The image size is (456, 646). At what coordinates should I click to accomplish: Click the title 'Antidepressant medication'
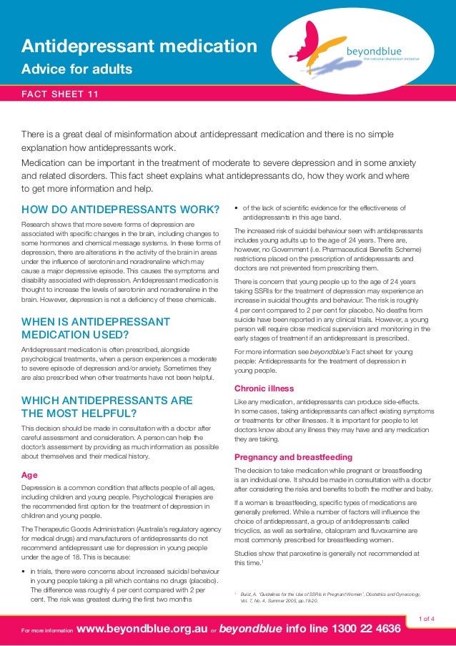click(139, 47)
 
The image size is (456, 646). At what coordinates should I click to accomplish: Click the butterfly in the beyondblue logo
click(319, 44)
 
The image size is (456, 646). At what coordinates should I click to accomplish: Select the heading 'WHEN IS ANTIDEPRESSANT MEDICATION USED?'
click(96, 328)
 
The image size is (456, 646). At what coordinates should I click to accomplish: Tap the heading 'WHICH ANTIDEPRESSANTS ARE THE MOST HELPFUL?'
click(107, 406)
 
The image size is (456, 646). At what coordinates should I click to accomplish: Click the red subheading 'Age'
click(30, 476)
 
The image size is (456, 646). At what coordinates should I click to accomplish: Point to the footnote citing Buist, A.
click(329, 598)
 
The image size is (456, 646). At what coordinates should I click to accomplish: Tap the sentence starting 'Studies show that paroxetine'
click(327, 558)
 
